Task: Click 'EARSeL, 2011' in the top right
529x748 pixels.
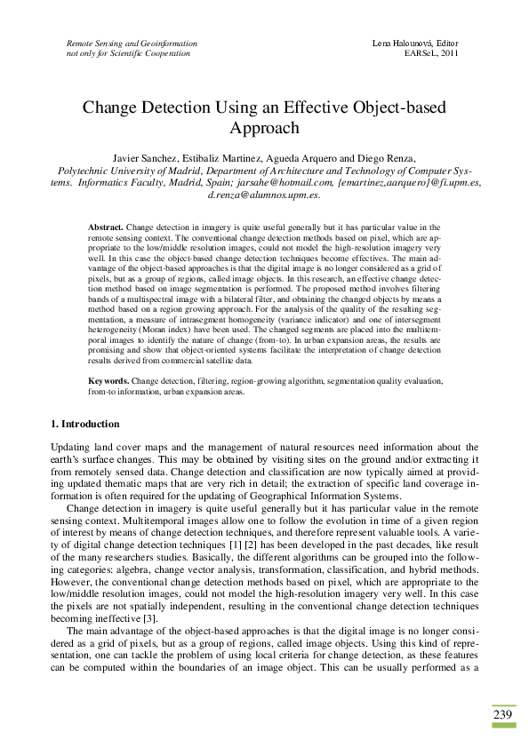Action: (434, 53)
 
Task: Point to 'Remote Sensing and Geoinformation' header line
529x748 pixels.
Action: (132, 43)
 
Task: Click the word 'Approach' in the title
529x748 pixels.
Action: (264, 128)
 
